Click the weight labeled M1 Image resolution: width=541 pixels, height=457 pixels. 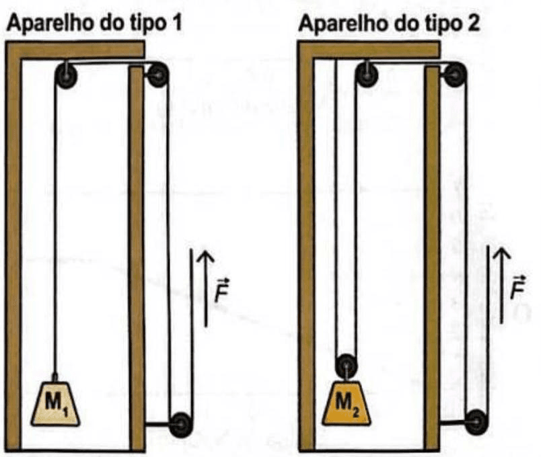point(55,403)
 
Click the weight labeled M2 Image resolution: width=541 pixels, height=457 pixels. point(347,403)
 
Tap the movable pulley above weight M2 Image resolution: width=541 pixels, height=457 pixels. point(347,366)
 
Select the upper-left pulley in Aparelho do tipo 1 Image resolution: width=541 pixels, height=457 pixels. point(66,75)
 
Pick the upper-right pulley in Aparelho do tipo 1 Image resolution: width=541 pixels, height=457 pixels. point(157,75)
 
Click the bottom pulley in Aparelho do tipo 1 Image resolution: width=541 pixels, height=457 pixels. point(181,425)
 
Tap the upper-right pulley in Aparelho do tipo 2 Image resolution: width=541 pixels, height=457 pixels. point(455,75)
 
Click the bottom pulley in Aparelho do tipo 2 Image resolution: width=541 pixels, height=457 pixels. point(476,421)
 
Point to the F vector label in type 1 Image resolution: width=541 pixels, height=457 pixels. point(221,290)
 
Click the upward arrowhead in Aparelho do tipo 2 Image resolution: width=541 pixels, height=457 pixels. point(501,254)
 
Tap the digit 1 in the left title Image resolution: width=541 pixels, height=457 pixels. point(177,24)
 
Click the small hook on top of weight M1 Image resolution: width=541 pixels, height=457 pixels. point(55,377)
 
